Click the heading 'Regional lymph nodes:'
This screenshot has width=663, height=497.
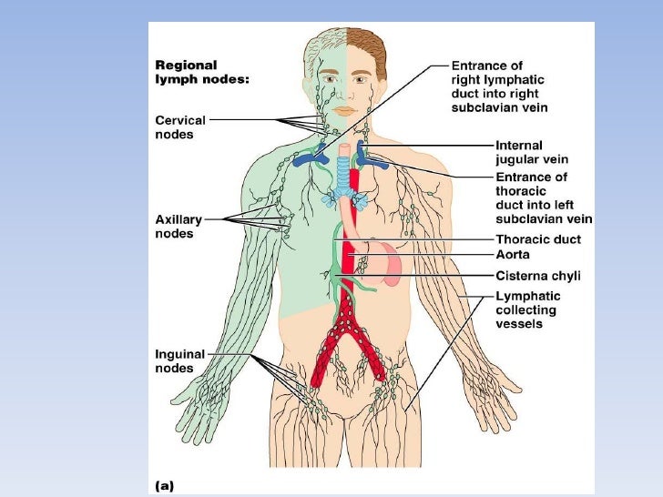click(201, 73)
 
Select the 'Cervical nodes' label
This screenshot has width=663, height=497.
click(180, 127)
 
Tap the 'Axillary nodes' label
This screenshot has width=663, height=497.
click(178, 227)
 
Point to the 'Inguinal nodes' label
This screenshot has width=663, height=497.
click(180, 360)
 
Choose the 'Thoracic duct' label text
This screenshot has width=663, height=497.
click(538, 239)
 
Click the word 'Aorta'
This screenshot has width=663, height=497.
click(514, 255)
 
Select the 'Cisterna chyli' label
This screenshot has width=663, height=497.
click(537, 276)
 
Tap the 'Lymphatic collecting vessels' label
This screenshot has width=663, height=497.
click(528, 309)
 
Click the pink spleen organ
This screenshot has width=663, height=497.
click(391, 261)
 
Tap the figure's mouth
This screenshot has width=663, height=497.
click(343, 110)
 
